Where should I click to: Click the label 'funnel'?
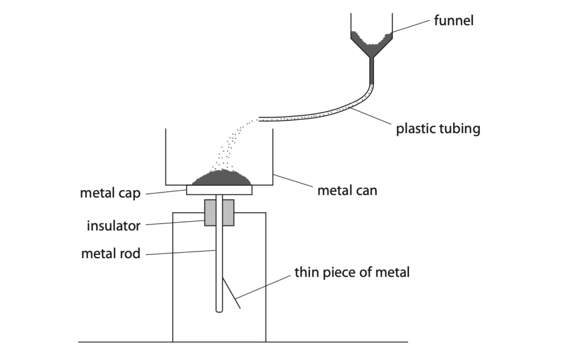pyautogui.click(x=453, y=21)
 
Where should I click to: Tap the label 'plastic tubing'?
pyautogui.click(x=438, y=129)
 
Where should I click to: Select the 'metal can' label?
pyautogui.click(x=347, y=191)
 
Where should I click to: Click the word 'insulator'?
pyautogui.click(x=113, y=226)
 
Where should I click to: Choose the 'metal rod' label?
pyautogui.click(x=110, y=254)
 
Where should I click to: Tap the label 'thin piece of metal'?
pyautogui.click(x=352, y=273)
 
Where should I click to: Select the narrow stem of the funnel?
pyautogui.click(x=371, y=70)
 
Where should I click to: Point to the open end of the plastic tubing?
pyautogui.click(x=260, y=119)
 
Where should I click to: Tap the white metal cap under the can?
pyautogui.click(x=219, y=190)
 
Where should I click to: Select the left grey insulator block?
pyautogui.click(x=210, y=213)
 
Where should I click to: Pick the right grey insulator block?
pyautogui.click(x=228, y=213)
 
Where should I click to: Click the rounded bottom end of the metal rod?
pyautogui.click(x=219, y=309)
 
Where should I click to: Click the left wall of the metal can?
pyautogui.click(x=165, y=157)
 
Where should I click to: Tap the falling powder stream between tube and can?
pyautogui.click(x=231, y=146)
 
